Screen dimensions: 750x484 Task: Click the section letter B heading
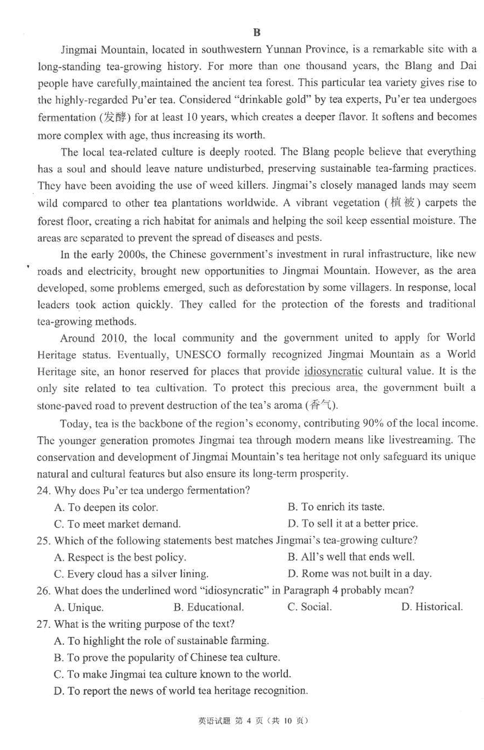click(256, 33)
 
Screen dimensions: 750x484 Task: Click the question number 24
click(45, 489)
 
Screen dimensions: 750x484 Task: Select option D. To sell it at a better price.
click(353, 524)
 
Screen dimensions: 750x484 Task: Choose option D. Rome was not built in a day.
click(359, 573)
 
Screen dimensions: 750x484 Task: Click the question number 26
click(45, 590)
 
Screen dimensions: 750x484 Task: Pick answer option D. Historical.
click(431, 607)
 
